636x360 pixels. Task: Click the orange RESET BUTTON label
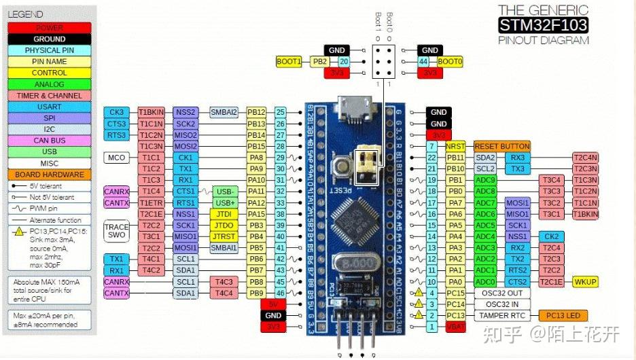[501, 146]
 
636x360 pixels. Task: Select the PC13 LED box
[563, 315]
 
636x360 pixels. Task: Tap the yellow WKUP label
[585, 281]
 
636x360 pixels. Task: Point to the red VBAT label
[455, 327]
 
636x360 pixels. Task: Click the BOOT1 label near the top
[289, 62]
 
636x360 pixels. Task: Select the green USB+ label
[224, 202]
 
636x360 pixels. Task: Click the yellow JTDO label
[224, 225]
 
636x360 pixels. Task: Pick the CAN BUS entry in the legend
[49, 141]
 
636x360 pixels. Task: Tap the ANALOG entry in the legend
[49, 84]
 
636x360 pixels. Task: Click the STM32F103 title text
[543, 26]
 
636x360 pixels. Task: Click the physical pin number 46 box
[280, 293]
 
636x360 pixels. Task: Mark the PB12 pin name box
[256, 112]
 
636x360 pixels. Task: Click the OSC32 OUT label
[501, 293]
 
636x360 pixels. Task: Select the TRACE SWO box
[116, 230]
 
